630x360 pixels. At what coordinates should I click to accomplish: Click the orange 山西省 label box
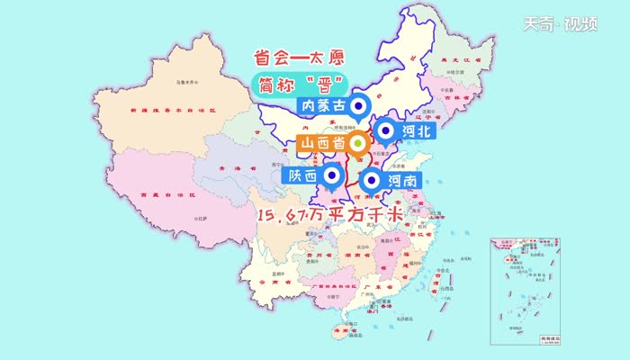(x=322, y=143)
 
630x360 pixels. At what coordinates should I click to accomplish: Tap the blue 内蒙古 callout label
(x=320, y=106)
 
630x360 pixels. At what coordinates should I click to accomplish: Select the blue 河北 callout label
(x=415, y=131)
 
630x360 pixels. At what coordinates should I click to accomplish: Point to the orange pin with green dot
(x=358, y=143)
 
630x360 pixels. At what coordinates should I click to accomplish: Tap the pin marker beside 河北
(x=385, y=132)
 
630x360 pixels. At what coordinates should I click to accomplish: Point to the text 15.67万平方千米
(x=328, y=215)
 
